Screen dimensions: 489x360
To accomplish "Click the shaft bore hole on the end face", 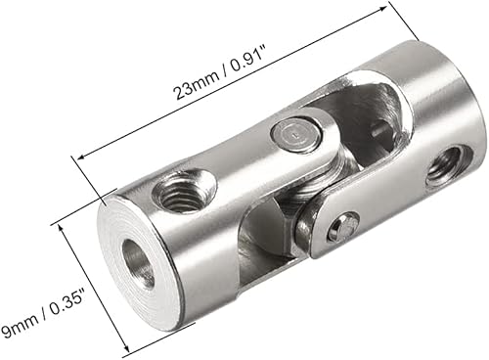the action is pyautogui.click(x=138, y=263).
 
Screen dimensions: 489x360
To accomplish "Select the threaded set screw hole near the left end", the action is pyautogui.click(x=184, y=190).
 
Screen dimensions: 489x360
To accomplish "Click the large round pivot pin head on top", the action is pyautogui.click(x=296, y=135).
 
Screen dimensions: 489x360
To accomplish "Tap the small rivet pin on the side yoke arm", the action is pyautogui.click(x=343, y=227).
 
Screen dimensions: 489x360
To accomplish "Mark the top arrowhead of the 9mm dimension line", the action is pyautogui.click(x=61, y=227).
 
